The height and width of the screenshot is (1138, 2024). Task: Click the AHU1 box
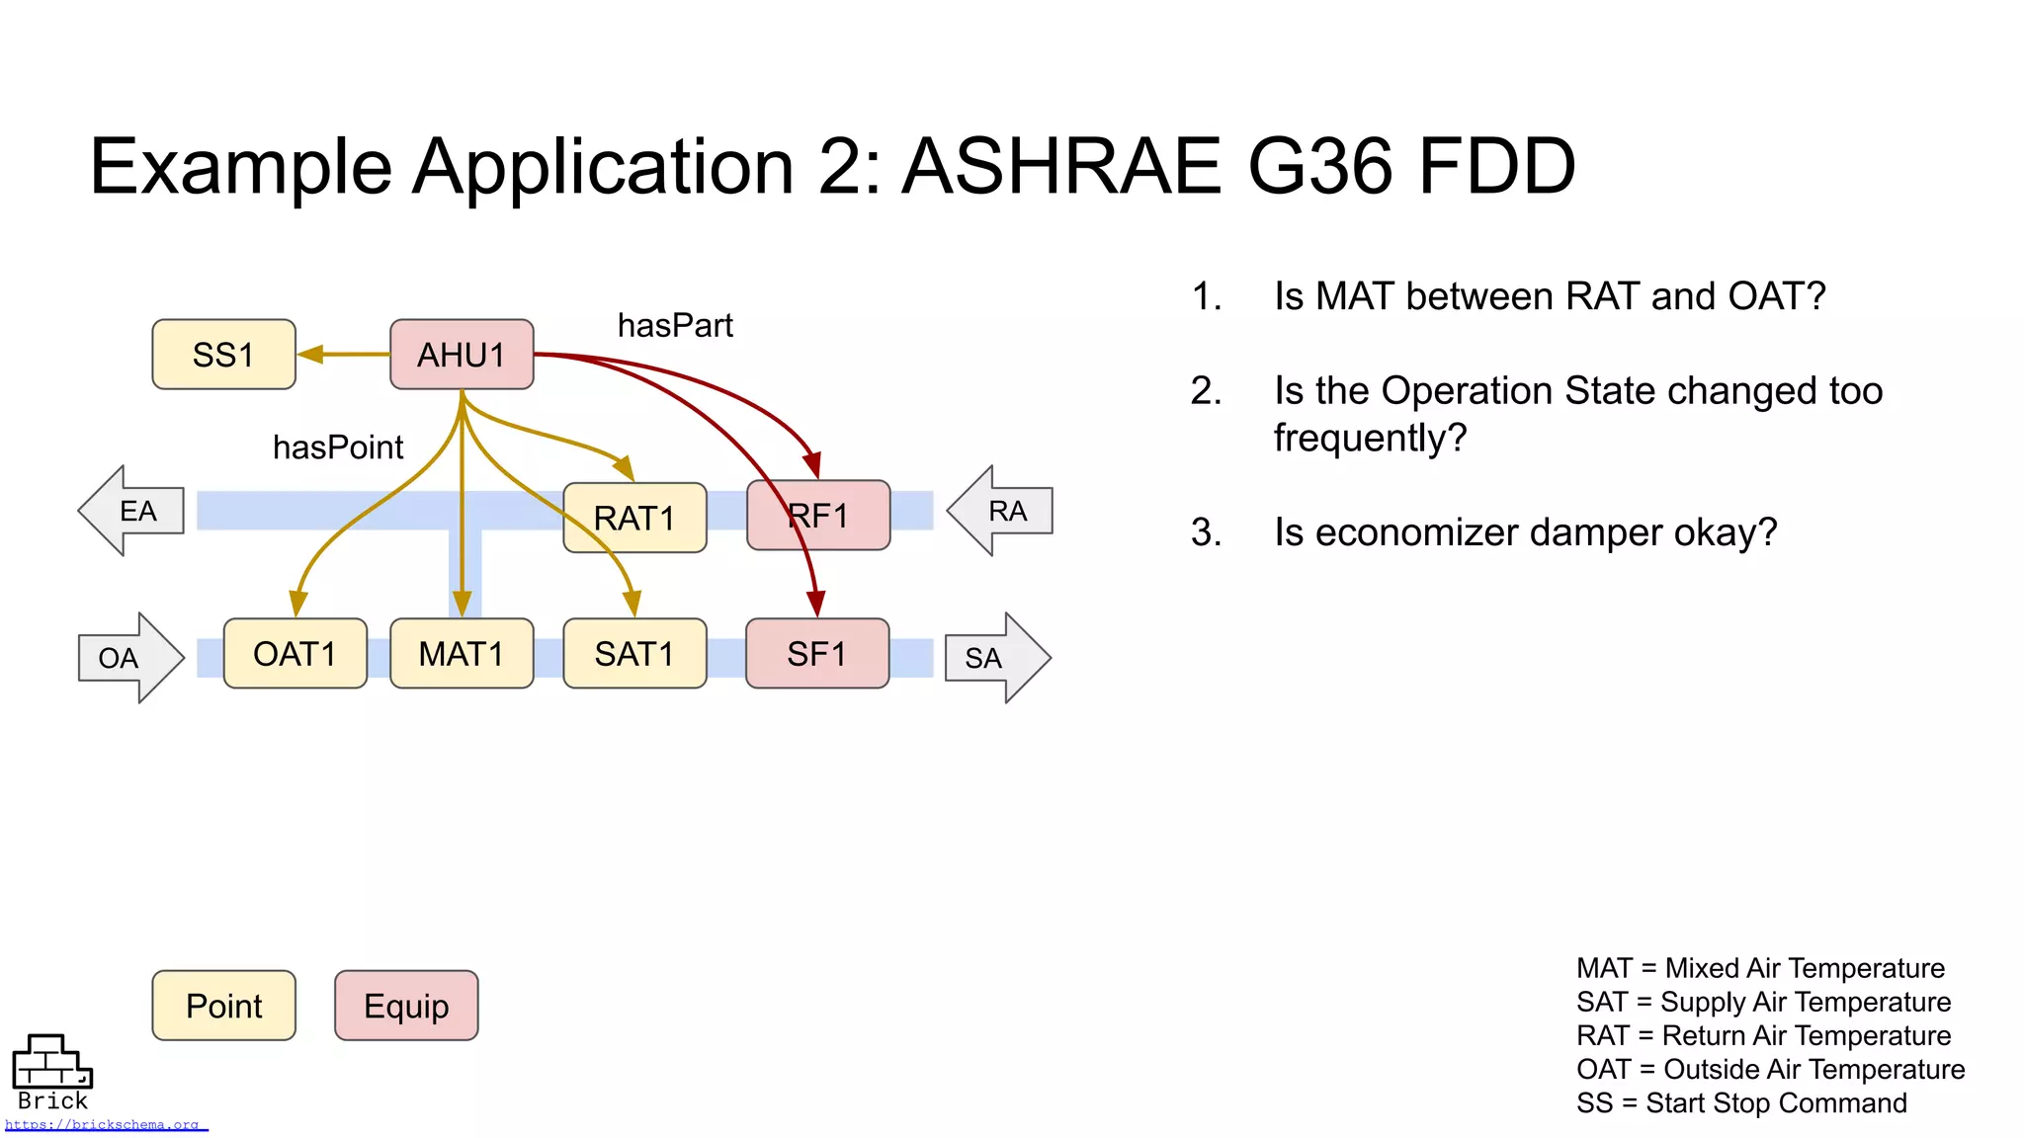click(x=462, y=355)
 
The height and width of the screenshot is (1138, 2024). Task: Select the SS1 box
click(x=223, y=355)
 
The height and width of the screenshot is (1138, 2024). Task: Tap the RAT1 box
click(x=634, y=518)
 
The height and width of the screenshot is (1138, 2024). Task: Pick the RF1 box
click(x=818, y=516)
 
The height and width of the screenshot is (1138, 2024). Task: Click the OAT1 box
click(x=295, y=654)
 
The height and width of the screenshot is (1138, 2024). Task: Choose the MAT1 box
click(x=462, y=654)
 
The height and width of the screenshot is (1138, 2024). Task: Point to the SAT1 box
click(x=634, y=654)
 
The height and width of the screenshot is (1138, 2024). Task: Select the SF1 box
click(x=817, y=654)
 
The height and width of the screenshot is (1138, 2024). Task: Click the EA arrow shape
click(x=132, y=511)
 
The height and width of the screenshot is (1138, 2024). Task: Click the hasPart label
click(x=675, y=326)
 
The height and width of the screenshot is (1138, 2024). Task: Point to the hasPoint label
click(x=338, y=447)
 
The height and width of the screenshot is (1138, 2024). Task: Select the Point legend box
click(x=223, y=1006)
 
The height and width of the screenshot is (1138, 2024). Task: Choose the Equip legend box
click(x=406, y=1006)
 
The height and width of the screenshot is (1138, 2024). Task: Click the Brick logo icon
click(x=51, y=1062)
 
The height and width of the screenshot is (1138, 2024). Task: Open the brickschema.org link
click(x=103, y=1125)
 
